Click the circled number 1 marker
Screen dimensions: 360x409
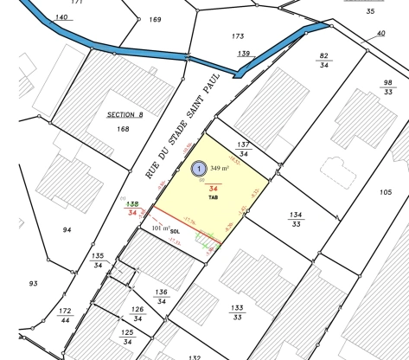tap(199, 169)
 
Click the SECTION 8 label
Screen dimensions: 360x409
tap(125, 114)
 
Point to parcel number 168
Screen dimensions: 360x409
tap(123, 128)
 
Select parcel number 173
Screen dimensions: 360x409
tap(239, 36)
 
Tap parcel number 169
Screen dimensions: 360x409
tap(155, 19)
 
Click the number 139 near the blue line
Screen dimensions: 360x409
tap(245, 54)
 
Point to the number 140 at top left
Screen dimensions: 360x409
tap(61, 17)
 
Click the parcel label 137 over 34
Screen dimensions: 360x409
tap(244, 149)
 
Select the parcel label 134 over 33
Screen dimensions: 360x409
tap(296, 219)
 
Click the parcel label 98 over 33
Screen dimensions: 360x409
tap(388, 87)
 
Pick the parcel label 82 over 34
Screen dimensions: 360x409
tap(324, 60)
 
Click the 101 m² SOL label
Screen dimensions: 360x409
tap(165, 229)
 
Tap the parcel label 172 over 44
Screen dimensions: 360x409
tap(65, 314)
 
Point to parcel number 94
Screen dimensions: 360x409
tap(67, 229)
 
